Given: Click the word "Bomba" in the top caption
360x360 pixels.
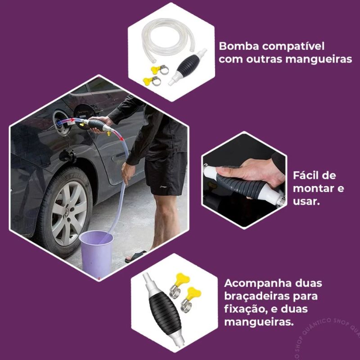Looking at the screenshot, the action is pyautogui.click(x=239, y=46).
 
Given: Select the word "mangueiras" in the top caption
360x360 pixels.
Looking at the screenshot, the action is pyautogui.click(x=319, y=59).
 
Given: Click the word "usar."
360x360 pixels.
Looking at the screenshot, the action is pyautogui.click(x=306, y=201).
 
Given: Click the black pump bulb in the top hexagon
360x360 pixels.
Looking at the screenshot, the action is pyautogui.click(x=188, y=65).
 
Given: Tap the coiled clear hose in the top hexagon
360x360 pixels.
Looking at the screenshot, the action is pyautogui.click(x=168, y=39).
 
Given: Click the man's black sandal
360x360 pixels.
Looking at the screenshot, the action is pyautogui.click(x=135, y=256).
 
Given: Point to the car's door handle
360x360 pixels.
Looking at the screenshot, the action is pyautogui.click(x=118, y=158).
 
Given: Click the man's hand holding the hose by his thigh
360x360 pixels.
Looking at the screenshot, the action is pyautogui.click(x=127, y=173).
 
